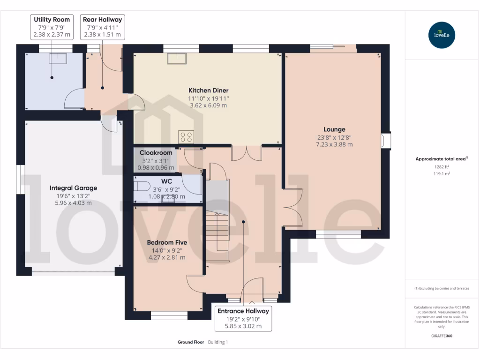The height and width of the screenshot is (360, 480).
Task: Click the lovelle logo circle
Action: tap(442, 35)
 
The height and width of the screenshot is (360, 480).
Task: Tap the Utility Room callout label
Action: tap(52, 27)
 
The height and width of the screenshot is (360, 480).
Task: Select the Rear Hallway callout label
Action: tap(102, 27)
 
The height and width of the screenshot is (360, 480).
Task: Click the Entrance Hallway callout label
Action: tap(243, 318)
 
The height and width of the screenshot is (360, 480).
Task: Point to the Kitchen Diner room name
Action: tap(208, 90)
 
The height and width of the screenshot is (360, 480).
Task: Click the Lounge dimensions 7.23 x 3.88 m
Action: tap(334, 144)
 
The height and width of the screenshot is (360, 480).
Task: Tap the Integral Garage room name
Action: tap(74, 188)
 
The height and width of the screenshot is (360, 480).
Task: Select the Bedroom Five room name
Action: tap(167, 242)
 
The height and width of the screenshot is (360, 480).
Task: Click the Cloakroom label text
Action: tap(156, 153)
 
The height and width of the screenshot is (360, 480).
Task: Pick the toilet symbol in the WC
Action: tap(142, 186)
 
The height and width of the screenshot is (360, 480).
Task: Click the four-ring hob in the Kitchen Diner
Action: tap(186, 136)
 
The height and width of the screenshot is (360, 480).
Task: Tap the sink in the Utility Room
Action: tap(59, 58)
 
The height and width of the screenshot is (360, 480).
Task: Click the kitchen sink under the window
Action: tap(178, 57)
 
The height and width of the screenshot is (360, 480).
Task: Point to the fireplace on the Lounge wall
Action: tap(386, 141)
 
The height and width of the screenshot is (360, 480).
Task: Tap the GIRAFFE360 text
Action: tap(441, 336)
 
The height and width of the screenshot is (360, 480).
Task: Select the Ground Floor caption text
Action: tap(190, 342)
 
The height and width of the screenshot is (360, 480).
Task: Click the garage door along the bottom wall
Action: tap(73, 271)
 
